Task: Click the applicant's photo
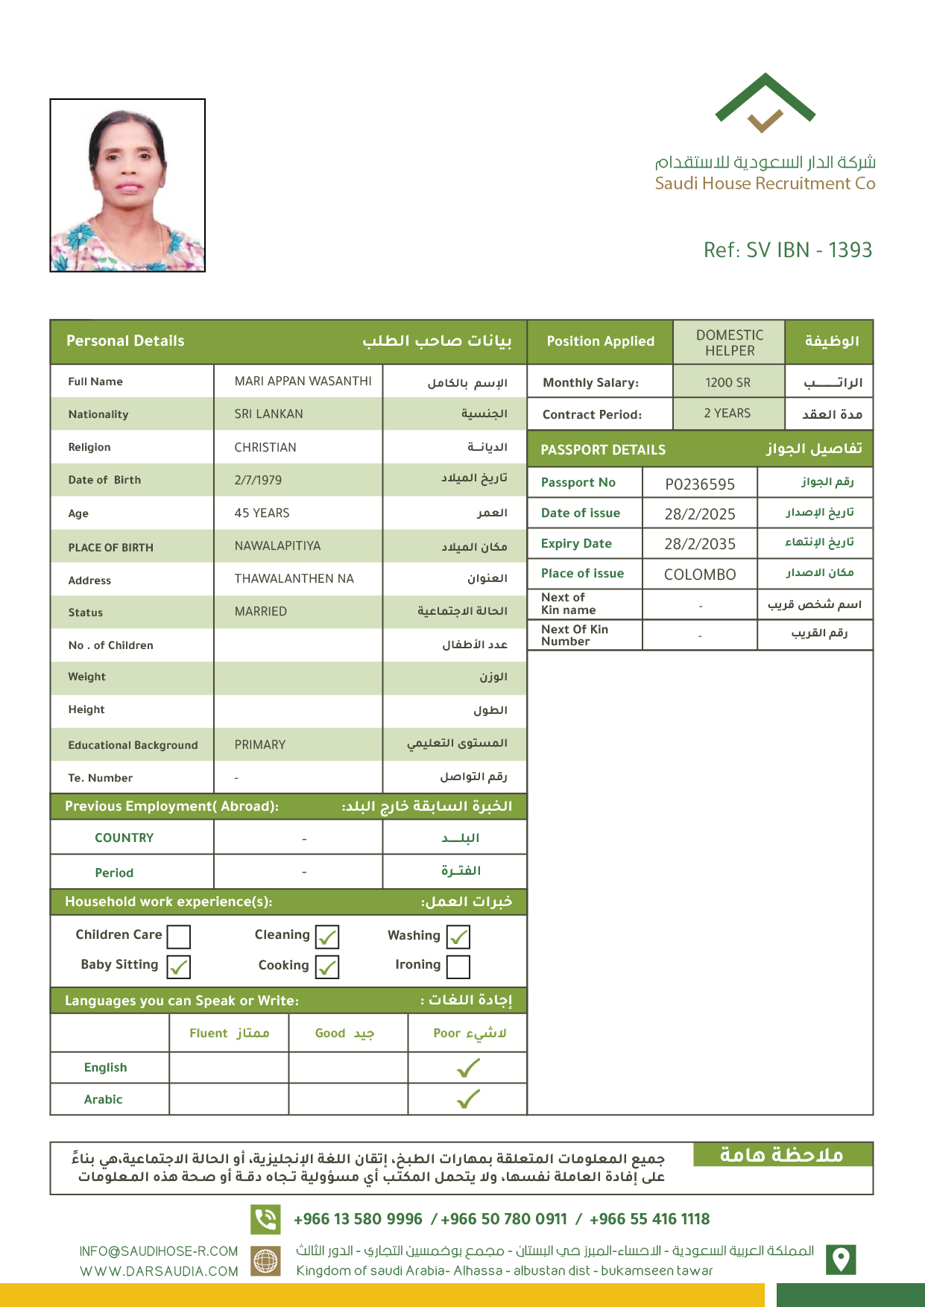click(127, 186)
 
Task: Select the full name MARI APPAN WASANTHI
click(303, 382)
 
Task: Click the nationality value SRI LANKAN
click(268, 414)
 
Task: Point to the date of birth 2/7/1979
click(258, 481)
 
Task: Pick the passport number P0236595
click(699, 484)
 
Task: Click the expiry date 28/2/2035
click(699, 544)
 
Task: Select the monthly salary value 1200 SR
click(727, 383)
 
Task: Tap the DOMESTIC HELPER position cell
click(729, 343)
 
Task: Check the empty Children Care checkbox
click(179, 937)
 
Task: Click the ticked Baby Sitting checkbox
click(179, 966)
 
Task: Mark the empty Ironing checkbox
click(458, 966)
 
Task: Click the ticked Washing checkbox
click(458, 937)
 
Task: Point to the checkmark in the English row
click(468, 1069)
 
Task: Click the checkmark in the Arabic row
click(468, 1099)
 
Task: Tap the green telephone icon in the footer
click(265, 1219)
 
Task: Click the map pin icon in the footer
click(841, 1259)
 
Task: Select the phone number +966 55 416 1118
click(649, 1219)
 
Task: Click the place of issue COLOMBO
click(699, 575)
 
